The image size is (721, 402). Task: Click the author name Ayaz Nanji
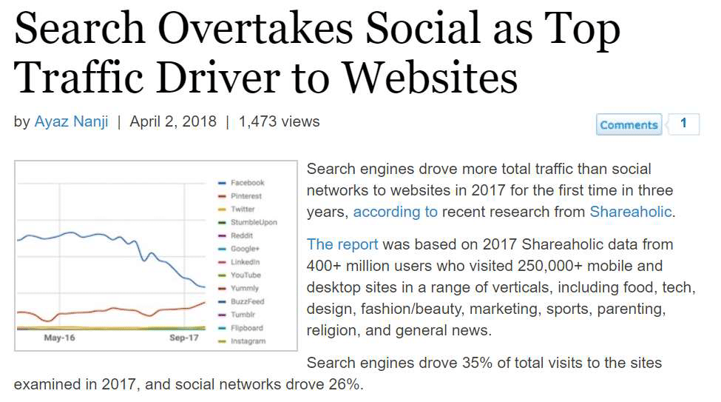click(x=71, y=121)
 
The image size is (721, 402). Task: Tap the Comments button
click(x=629, y=124)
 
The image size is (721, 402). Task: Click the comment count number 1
click(x=684, y=124)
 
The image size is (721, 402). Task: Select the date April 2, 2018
click(x=173, y=121)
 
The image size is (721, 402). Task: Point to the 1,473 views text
click(x=279, y=121)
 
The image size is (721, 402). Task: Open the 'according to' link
click(x=395, y=212)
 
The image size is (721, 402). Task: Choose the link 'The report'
click(x=342, y=244)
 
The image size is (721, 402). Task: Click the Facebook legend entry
click(x=247, y=183)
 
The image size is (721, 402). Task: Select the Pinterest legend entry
click(x=246, y=196)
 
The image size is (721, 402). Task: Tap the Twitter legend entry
click(x=242, y=210)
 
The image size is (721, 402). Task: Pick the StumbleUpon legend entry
click(x=253, y=222)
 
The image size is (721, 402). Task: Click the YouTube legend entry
click(x=246, y=275)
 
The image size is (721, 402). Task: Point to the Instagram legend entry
click(x=247, y=341)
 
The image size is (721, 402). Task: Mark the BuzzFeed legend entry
click(x=247, y=302)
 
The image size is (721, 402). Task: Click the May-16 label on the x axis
click(x=59, y=338)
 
